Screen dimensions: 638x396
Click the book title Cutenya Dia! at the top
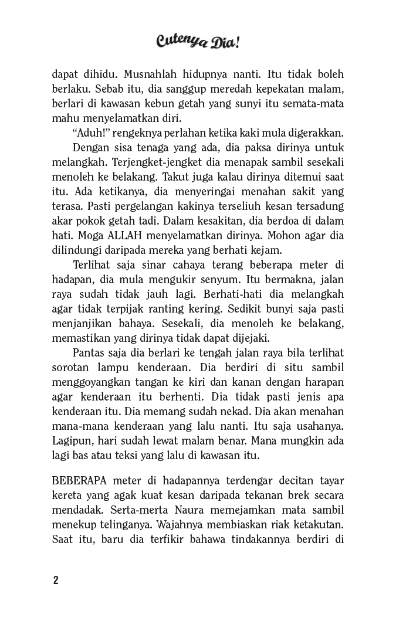(x=198, y=42)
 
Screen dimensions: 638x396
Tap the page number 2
(x=56, y=581)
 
